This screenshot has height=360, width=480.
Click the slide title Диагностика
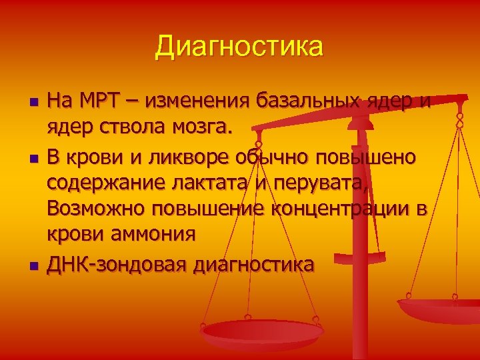(x=239, y=47)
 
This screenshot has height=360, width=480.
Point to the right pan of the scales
(x=440, y=310)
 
